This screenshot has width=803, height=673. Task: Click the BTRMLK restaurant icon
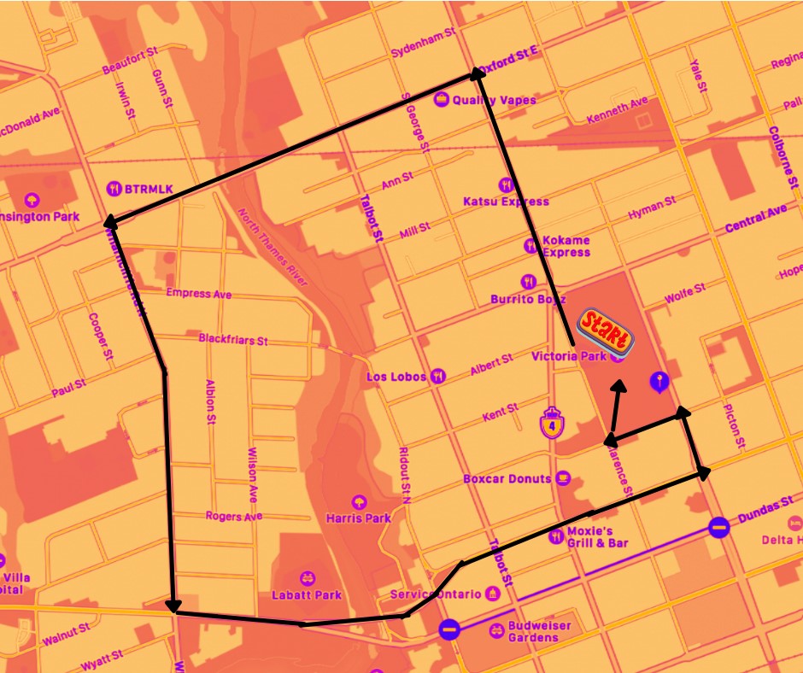pyautogui.click(x=114, y=188)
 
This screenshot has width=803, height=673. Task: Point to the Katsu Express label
pyautogui.click(x=506, y=202)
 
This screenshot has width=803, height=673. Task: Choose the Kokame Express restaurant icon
pyautogui.click(x=530, y=246)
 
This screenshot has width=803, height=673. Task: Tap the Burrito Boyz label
pyautogui.click(x=529, y=300)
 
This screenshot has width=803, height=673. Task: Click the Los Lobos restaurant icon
pyautogui.click(x=439, y=376)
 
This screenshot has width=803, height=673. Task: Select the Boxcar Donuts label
pyautogui.click(x=507, y=478)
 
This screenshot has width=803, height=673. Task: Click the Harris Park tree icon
pyautogui.click(x=358, y=501)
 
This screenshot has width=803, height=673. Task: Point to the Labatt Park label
pyautogui.click(x=306, y=595)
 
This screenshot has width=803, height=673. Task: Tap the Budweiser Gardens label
pyautogui.click(x=539, y=632)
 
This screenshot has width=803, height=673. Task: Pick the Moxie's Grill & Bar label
pyautogui.click(x=598, y=537)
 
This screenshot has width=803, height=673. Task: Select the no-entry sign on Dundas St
pyautogui.click(x=719, y=527)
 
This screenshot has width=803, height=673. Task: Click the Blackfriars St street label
pyautogui.click(x=233, y=339)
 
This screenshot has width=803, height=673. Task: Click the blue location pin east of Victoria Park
pyautogui.click(x=658, y=381)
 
